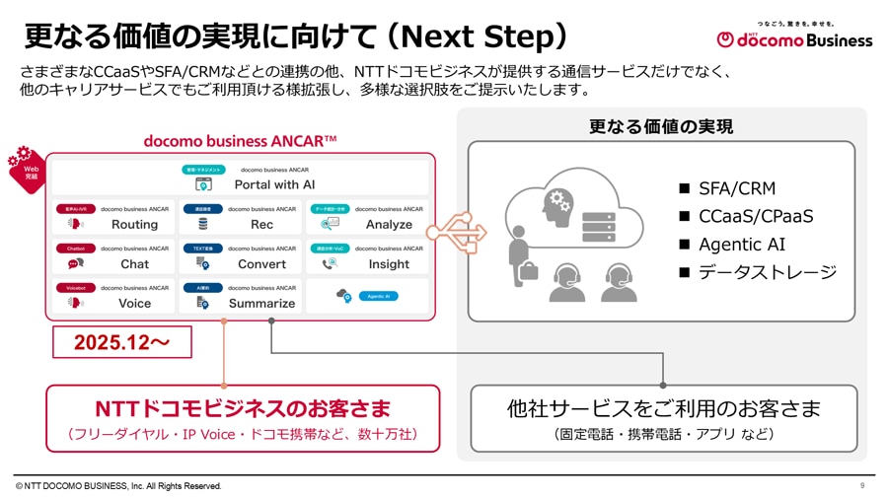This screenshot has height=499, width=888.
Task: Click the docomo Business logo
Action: click(x=794, y=37)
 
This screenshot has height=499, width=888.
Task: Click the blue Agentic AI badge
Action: click(x=377, y=296)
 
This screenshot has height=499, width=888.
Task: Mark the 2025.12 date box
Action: click(x=121, y=342)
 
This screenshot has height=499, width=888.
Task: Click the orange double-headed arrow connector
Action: click(x=457, y=233)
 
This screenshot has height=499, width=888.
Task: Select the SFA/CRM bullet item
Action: click(x=736, y=188)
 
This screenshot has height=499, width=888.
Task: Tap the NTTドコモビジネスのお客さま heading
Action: click(x=242, y=408)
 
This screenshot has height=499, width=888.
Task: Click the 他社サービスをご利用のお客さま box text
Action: click(x=663, y=408)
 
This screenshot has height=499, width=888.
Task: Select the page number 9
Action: click(x=862, y=485)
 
